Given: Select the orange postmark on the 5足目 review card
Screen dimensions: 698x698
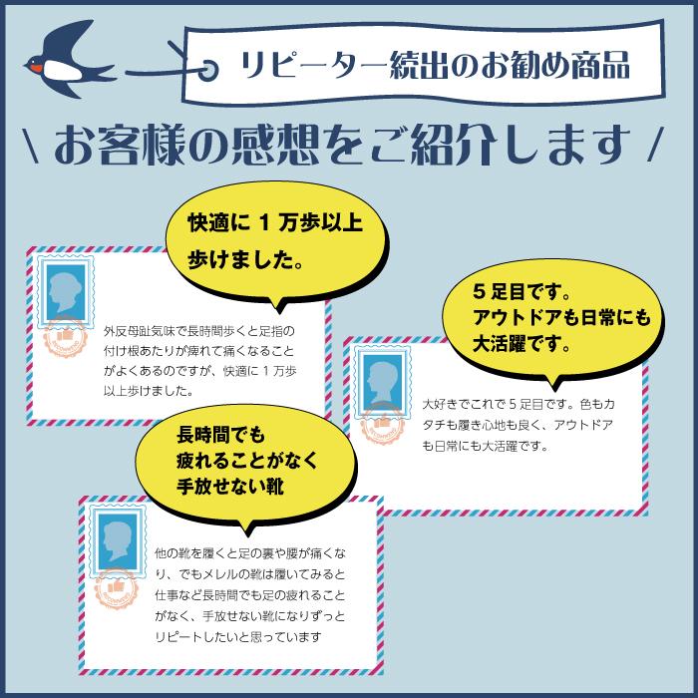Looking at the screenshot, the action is [x=383, y=422].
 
